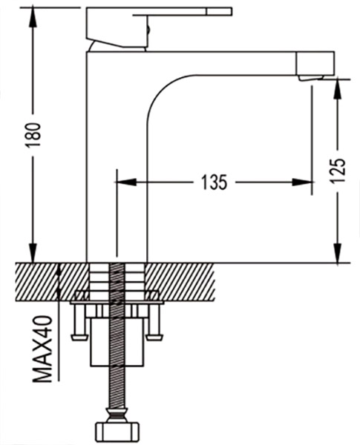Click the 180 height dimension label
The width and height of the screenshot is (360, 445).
[x=33, y=134]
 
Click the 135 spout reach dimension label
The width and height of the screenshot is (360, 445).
[x=215, y=182]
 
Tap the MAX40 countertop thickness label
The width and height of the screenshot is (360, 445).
[x=42, y=349]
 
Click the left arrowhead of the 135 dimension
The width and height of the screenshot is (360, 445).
[x=125, y=182]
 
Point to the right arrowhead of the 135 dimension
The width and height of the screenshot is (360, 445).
[x=303, y=182]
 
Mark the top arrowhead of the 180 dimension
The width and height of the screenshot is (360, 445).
[x=33, y=18]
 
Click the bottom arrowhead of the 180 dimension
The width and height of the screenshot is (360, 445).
[x=33, y=253]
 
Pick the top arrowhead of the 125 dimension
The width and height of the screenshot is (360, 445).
[x=337, y=90]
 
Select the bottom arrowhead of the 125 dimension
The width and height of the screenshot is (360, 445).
[x=337, y=253]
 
